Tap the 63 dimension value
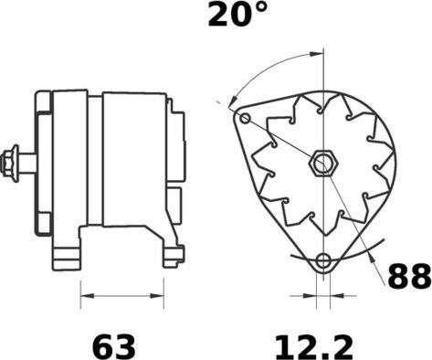114,346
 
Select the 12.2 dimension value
314,346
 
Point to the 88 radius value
408,277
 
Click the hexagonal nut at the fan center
321,164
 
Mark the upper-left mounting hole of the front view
243,117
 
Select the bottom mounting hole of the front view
321,263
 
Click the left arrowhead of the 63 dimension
86,296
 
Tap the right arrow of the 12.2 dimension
333,296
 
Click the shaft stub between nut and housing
27,164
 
